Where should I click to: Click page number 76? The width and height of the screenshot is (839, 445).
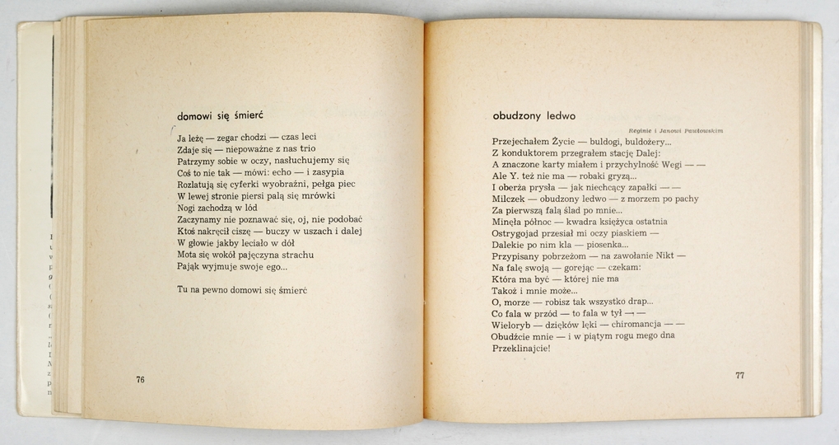click(x=140, y=379)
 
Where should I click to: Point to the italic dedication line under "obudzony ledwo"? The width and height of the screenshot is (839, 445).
click(x=674, y=131)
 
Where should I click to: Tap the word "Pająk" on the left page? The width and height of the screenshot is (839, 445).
click(x=190, y=266)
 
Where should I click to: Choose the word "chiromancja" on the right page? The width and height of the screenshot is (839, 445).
click(x=640, y=325)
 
